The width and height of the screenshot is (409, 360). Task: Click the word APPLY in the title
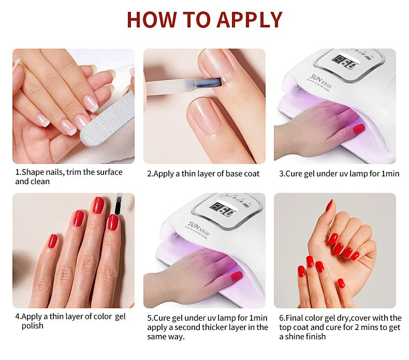[250, 20]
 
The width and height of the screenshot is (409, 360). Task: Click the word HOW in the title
[150, 20]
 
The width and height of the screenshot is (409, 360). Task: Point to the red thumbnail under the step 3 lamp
[359, 128]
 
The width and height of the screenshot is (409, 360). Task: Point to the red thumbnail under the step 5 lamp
[237, 276]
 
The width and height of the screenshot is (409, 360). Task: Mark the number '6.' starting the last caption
[282, 318]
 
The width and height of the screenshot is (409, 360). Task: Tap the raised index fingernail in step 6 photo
[329, 205]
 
